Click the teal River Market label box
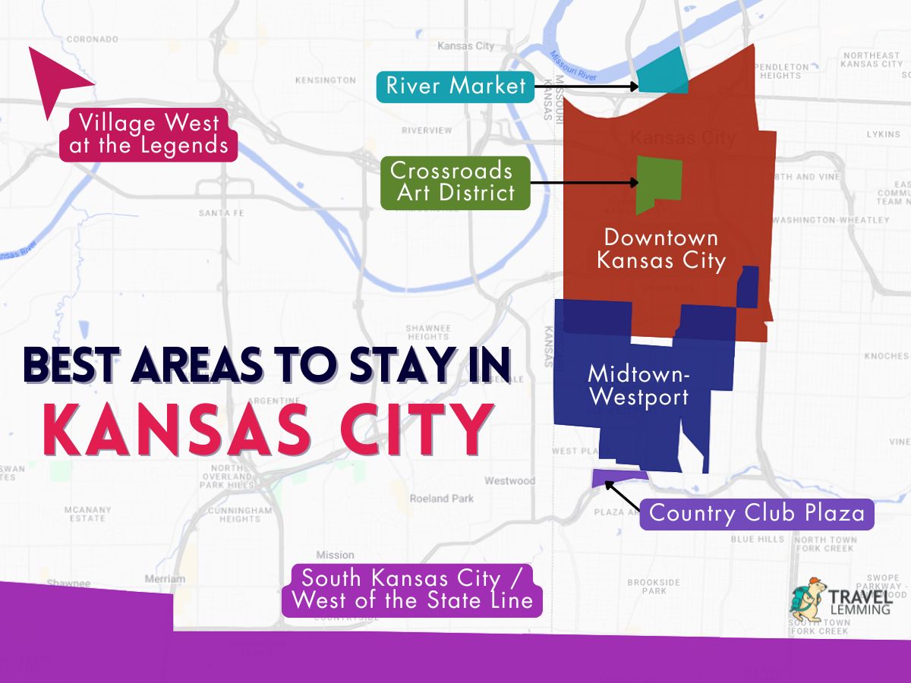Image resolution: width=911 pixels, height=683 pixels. click(455, 86)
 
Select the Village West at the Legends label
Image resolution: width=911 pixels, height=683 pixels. click(149, 134)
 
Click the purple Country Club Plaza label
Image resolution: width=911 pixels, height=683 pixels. click(757, 513)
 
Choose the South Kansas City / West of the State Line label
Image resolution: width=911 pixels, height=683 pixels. click(411, 590)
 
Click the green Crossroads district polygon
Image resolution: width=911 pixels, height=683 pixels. click(659, 184)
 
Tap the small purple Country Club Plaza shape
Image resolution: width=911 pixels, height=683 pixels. click(618, 477)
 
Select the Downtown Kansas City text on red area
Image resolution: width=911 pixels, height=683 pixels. click(660, 250)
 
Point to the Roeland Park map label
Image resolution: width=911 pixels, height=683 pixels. click(441, 499)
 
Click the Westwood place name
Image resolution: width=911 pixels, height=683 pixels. click(509, 480)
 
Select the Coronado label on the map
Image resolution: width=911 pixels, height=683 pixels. click(93, 39)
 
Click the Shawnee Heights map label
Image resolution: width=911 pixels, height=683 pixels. click(428, 332)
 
